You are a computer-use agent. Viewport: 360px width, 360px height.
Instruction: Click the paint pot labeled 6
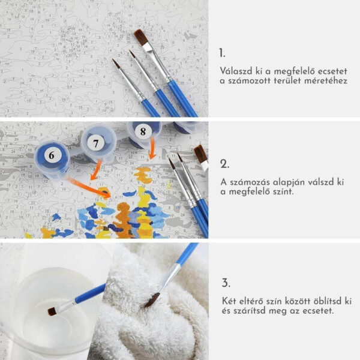(x=52, y=160)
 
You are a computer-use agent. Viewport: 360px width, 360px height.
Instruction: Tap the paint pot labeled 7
(x=98, y=143)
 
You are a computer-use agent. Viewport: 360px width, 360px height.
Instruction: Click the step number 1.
(x=222, y=53)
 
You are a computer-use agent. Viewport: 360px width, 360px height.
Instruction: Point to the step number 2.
(x=224, y=164)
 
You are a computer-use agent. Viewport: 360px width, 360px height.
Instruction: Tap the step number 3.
(x=226, y=283)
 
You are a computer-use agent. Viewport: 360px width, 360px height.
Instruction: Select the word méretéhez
(x=326, y=81)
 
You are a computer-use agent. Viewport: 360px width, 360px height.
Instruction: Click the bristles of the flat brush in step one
(x=140, y=37)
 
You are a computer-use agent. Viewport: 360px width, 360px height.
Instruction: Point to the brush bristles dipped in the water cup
(x=52, y=311)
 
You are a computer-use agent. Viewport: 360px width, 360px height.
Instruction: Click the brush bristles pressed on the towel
(x=152, y=301)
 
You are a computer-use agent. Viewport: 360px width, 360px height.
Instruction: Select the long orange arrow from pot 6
(x=89, y=187)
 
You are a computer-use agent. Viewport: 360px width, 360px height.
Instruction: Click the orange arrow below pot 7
(x=96, y=170)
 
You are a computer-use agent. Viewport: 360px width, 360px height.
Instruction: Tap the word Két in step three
(x=229, y=301)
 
